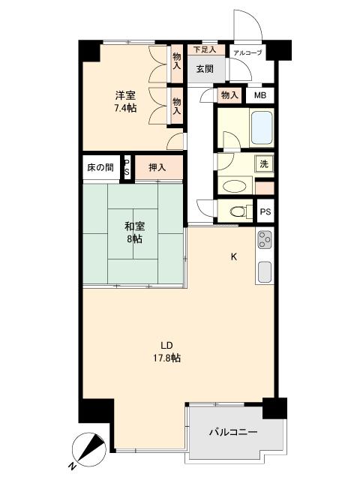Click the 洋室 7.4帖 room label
click(125, 102)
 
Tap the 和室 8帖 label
click(134, 232)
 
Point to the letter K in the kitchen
click(233, 257)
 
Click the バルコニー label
click(232, 433)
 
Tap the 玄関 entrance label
click(205, 69)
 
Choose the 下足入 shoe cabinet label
click(204, 50)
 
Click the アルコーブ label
click(247, 53)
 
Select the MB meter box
click(259, 95)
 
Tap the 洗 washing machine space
click(265, 163)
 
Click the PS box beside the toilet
click(265, 212)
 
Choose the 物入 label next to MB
click(229, 95)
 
